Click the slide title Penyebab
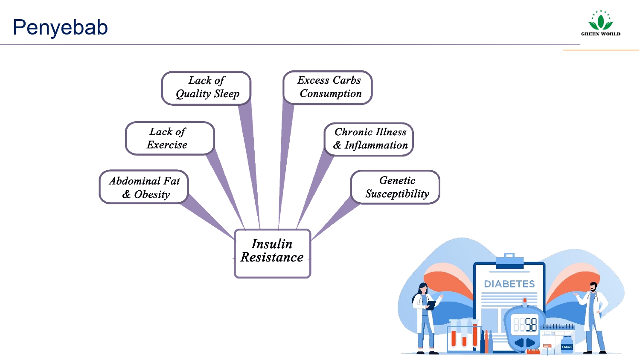(x=60, y=27)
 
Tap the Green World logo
(x=600, y=24)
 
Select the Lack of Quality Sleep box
(x=207, y=87)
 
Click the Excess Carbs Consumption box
(x=328, y=87)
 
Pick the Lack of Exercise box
(x=169, y=138)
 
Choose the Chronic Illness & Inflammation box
(x=369, y=139)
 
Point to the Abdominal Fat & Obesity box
(x=144, y=187)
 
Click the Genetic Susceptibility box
(x=396, y=187)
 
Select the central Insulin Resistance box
(x=272, y=254)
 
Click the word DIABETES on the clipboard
(x=509, y=284)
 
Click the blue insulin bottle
(x=567, y=344)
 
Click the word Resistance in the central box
(x=272, y=258)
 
